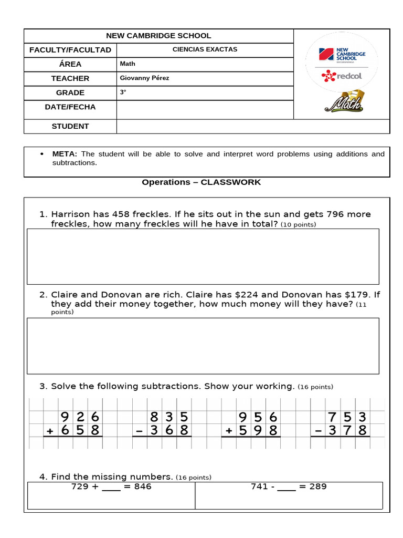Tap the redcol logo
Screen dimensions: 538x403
point(342,76)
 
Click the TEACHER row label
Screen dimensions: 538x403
point(70,78)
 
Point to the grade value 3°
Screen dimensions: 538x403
point(123,92)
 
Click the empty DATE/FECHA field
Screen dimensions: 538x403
point(205,110)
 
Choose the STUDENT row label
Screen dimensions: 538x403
point(70,126)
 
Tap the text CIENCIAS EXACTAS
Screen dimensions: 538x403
point(205,49)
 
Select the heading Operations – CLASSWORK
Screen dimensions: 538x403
point(201,182)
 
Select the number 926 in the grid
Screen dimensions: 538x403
point(80,417)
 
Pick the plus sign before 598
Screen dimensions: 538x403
point(228,431)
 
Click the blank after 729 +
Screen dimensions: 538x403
point(111,487)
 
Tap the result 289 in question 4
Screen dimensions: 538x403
point(317,487)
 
